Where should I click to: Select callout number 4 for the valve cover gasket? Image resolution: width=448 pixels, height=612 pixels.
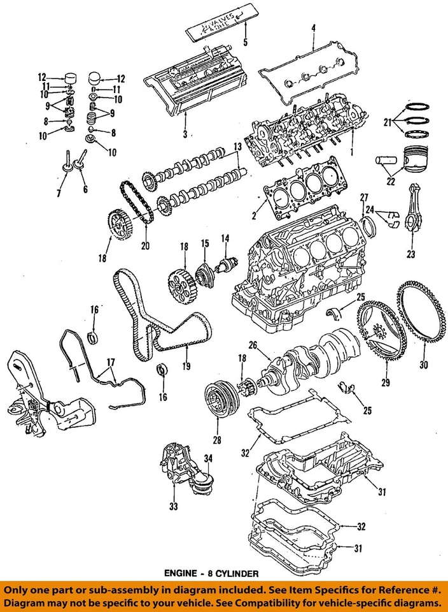[x=313, y=27]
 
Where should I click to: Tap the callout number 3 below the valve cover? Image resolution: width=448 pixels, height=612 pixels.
[x=185, y=134]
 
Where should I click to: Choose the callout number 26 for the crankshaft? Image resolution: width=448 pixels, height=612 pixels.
[x=253, y=346]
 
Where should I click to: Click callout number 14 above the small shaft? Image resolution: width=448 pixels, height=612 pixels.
[x=225, y=238]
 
